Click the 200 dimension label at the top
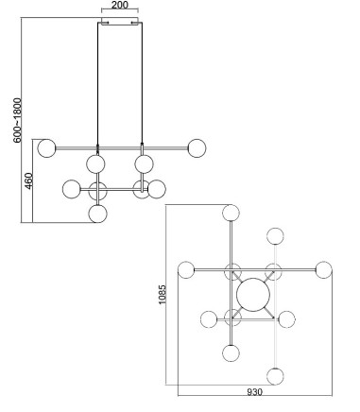tap(120, 5)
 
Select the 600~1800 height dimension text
tap(18, 120)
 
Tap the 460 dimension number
tap(28, 180)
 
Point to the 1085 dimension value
tap(162, 295)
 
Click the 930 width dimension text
tap(254, 392)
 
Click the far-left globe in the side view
tap(46, 148)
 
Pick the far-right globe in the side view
tap(197, 148)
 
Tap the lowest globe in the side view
tap(98, 214)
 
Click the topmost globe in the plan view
tap(231, 213)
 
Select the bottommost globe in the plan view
tap(275, 376)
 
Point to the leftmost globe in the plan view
tap(186, 270)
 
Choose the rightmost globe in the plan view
tap(324, 270)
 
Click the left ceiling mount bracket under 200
tap(105, 23)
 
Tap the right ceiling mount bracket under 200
tap(135, 23)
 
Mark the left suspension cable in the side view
tap(97, 85)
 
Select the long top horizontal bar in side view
tap(122, 147)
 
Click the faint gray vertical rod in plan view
tap(276, 306)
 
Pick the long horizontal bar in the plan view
tap(255, 270)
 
